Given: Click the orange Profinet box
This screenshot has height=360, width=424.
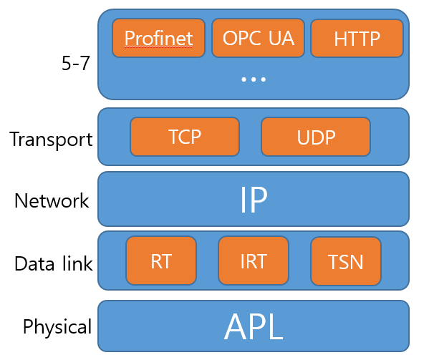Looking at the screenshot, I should pos(158,38).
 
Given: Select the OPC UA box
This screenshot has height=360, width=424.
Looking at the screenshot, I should pos(258,38).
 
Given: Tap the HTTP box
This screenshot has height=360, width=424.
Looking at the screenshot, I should pos(357,38).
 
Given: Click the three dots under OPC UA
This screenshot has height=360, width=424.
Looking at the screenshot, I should pos(254,79).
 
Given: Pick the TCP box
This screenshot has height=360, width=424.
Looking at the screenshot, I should pos(184,137).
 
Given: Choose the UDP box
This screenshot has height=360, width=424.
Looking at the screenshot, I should pos(315,137).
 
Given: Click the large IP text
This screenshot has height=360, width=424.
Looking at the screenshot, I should pos(254,200).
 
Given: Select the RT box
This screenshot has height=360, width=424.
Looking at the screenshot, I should pos(160,261).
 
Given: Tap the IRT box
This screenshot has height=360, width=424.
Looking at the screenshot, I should pos(253,261).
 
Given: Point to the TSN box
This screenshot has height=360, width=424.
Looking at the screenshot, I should pos(345,261).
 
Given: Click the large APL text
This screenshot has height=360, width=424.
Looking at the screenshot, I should pos(254,326).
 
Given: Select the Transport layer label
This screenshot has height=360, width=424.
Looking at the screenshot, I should pos(51,139).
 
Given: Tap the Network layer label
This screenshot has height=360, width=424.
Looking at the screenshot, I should pos(52,201).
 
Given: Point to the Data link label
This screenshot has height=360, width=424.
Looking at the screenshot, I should pos(53,264).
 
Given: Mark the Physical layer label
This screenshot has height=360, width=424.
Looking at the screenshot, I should pos(57,327).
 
